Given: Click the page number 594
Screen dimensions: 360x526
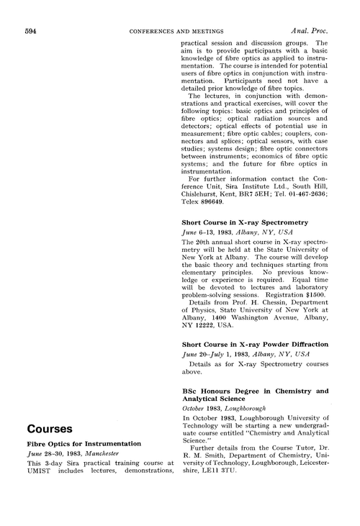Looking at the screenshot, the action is [x=32, y=31].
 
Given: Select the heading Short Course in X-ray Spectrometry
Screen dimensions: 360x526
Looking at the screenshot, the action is [x=245, y=223].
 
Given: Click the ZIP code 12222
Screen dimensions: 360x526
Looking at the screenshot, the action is [x=207, y=328].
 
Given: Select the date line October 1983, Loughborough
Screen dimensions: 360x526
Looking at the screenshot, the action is [x=225, y=407].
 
